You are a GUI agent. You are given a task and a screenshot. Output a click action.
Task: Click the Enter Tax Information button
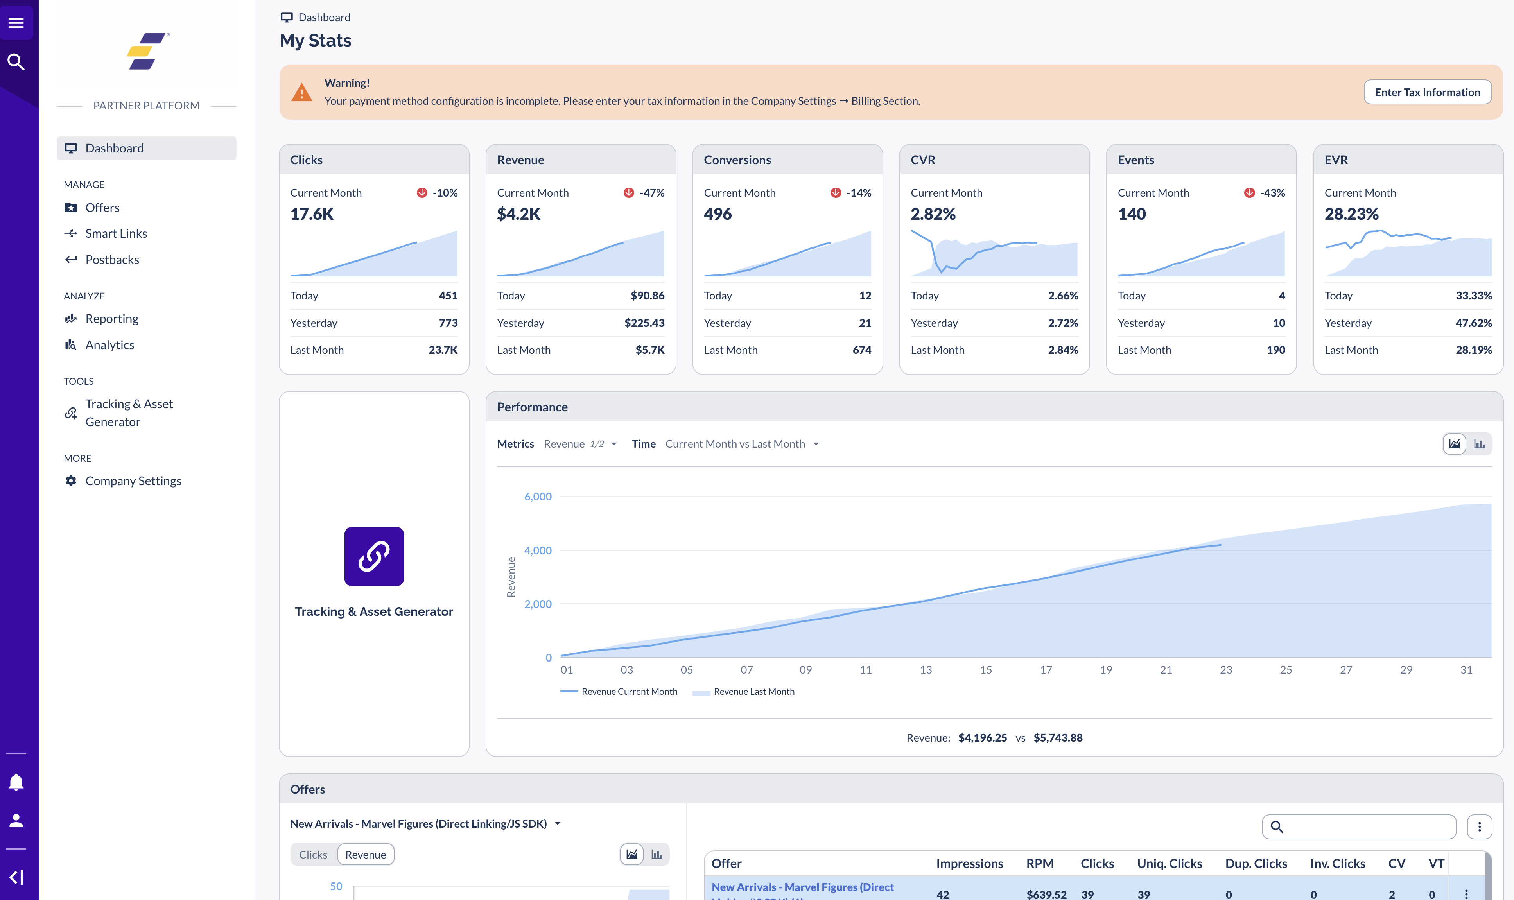(1427, 92)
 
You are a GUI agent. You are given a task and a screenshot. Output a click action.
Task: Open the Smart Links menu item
(116, 233)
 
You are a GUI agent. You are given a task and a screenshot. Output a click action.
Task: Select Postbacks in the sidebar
(112, 260)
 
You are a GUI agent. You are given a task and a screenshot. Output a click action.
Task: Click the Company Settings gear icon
(71, 481)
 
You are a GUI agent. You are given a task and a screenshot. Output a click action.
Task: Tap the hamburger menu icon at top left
(16, 23)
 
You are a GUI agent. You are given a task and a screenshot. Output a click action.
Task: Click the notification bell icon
(16, 782)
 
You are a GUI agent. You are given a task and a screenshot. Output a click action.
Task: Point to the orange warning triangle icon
(301, 93)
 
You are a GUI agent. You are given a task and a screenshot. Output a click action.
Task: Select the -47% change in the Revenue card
(651, 193)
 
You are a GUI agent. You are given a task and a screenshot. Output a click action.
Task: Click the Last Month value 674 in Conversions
(861, 350)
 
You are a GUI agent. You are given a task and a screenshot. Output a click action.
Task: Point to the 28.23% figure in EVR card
(1351, 214)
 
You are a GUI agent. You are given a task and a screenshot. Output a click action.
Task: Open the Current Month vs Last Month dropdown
(741, 444)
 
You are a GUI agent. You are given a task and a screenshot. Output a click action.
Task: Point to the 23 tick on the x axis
(1226, 670)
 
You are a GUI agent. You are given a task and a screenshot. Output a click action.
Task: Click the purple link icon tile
(374, 556)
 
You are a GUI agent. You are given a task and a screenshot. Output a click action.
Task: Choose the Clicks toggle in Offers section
(313, 855)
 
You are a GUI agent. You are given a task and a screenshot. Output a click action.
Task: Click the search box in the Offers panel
(1365, 826)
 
